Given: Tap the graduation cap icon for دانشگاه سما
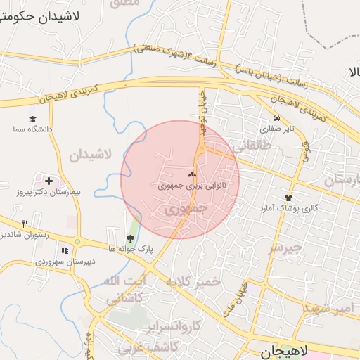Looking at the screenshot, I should [32, 120].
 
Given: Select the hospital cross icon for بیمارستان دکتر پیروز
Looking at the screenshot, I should [48, 181].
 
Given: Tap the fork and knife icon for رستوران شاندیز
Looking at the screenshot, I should [25, 224].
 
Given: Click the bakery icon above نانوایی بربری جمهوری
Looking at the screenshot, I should [192, 174].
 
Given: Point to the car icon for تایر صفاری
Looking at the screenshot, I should [277, 118].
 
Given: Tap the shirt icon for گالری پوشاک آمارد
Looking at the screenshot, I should [288, 198].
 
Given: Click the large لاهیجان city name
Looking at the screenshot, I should [285, 351].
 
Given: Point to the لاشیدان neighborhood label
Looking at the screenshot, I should [91, 155].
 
